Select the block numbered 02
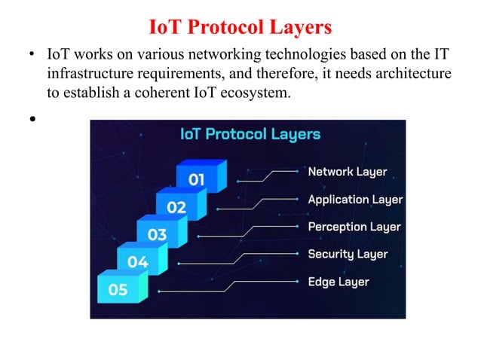(x=176, y=206)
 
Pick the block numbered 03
(x=157, y=234)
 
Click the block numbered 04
(x=137, y=262)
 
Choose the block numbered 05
(x=118, y=290)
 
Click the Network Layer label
(x=347, y=172)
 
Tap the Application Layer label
(x=355, y=200)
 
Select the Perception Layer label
(x=354, y=227)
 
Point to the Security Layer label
(x=348, y=254)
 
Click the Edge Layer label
(x=339, y=282)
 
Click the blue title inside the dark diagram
(x=250, y=135)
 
